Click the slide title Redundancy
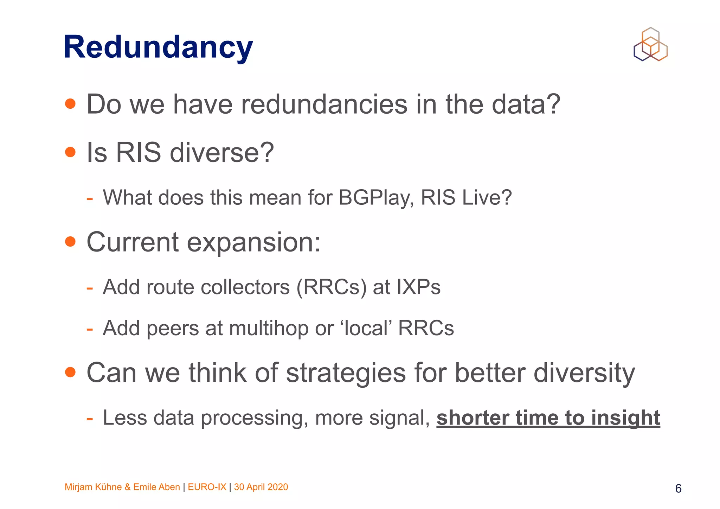[x=158, y=47]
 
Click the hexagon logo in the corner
[x=650, y=45]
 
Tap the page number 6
[x=678, y=489]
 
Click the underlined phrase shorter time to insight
[x=548, y=418]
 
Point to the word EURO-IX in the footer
[x=207, y=487]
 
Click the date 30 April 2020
[x=261, y=487]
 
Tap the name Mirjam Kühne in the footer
[x=93, y=487]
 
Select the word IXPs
[x=418, y=287]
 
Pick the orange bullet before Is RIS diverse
[x=70, y=152]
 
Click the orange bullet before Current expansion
[x=70, y=242]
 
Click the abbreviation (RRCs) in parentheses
[x=331, y=287]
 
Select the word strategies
[x=346, y=373]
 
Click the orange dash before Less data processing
[x=90, y=419]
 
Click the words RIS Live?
[x=466, y=198]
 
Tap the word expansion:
[x=253, y=243]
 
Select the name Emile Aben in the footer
[x=156, y=487]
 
